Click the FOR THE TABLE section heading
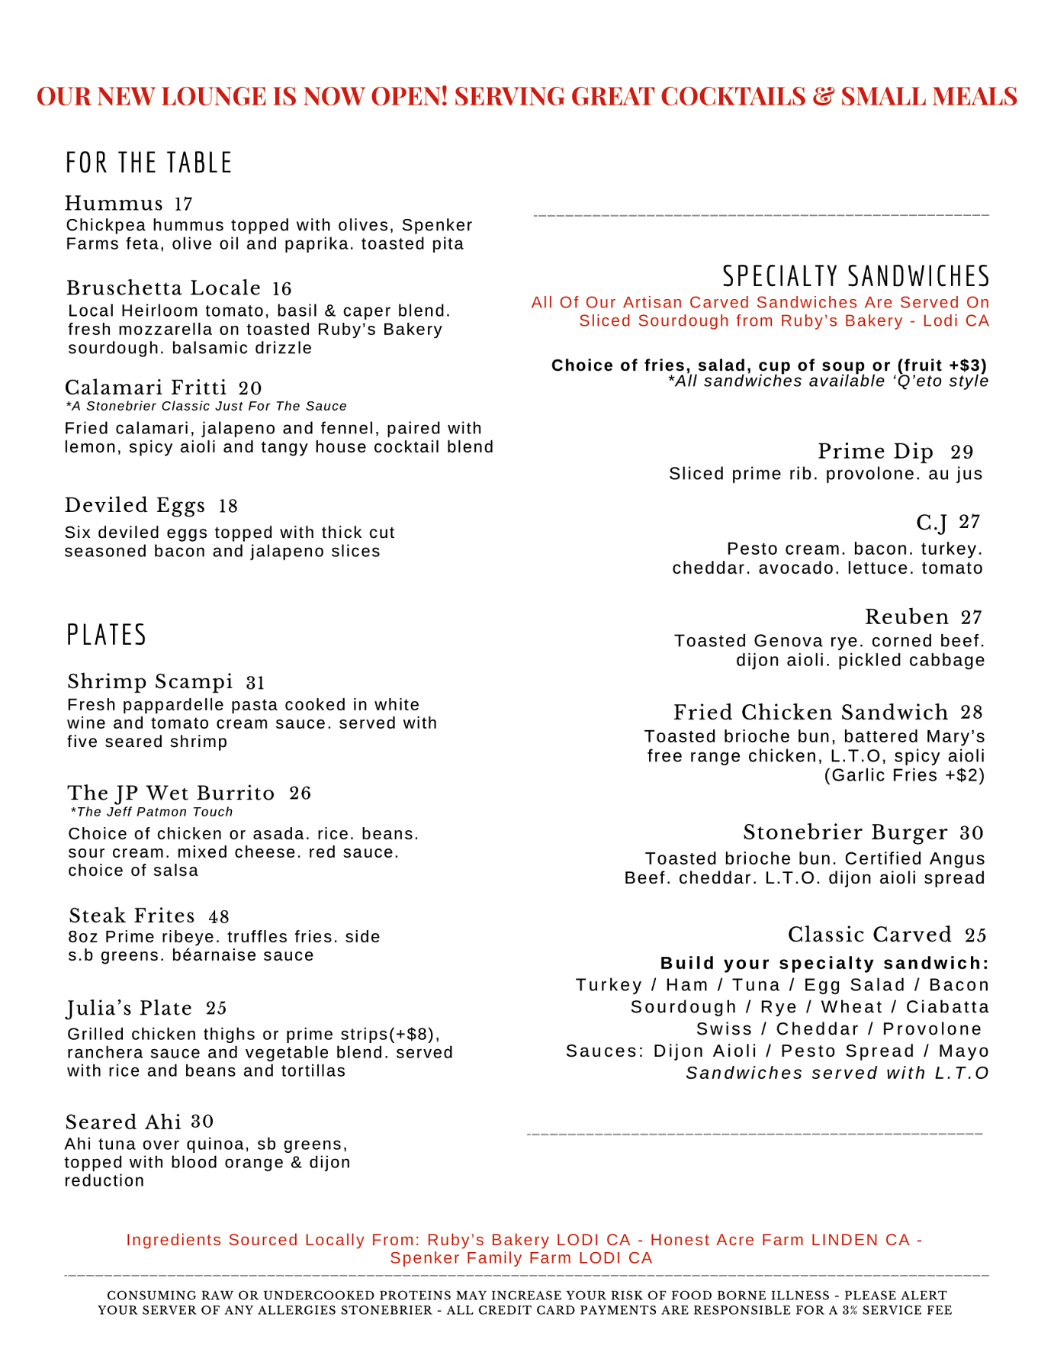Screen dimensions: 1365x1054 (149, 163)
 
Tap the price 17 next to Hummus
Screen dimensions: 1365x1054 (183, 204)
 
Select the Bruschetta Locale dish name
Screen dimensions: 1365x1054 (163, 288)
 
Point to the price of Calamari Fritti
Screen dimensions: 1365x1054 (249, 388)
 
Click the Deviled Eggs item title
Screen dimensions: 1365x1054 (135, 506)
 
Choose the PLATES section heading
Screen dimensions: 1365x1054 (107, 635)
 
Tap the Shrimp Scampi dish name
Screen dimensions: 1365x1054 (150, 681)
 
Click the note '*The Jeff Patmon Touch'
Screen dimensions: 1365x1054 (151, 812)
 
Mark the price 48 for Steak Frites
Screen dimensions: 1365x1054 (219, 916)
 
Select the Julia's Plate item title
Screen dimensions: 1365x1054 (130, 1009)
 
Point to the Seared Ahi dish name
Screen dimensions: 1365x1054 (124, 1122)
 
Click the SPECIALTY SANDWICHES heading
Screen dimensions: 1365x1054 (856, 276)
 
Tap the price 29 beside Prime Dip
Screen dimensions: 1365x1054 (962, 452)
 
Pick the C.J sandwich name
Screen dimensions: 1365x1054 (931, 523)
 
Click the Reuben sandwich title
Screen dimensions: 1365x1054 (907, 617)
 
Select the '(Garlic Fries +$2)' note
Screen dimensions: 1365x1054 (905, 776)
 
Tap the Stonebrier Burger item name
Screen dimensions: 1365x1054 (846, 832)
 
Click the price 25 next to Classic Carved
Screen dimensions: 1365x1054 (975, 935)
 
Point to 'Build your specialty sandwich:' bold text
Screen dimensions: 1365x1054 (824, 963)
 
